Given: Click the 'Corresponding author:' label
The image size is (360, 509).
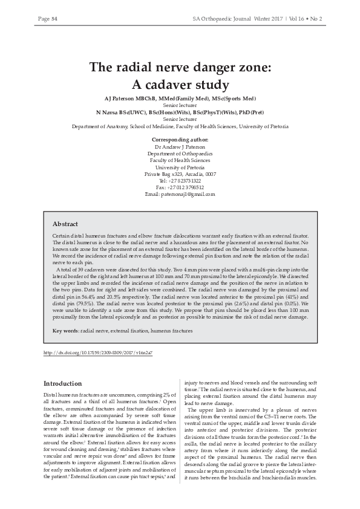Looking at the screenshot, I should point(180,140).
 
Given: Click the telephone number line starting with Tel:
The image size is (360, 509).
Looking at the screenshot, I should point(180,181).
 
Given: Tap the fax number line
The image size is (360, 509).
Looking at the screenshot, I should point(180,187).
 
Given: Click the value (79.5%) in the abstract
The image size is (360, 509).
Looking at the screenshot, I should point(76,304).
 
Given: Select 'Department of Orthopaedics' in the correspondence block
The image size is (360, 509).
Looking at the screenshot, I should point(180,154).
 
